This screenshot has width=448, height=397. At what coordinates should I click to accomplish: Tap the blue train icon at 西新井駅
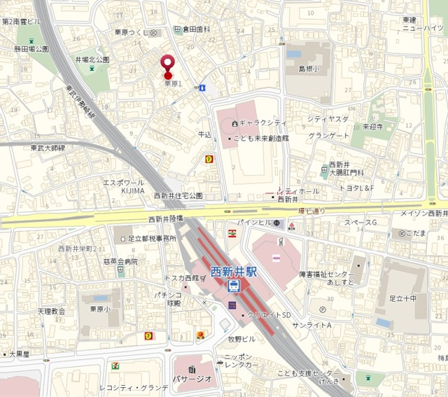click(234, 286)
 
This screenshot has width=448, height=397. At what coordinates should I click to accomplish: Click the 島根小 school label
click(309, 69)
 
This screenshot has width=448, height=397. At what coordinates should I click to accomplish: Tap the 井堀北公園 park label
click(92, 60)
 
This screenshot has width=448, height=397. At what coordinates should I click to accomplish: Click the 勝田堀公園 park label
click(31, 49)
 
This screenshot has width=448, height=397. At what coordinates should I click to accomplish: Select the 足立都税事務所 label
click(151, 239)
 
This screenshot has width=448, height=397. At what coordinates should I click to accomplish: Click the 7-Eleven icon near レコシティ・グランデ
click(115, 365)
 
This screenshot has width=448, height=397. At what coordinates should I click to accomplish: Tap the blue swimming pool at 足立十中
click(382, 322)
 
